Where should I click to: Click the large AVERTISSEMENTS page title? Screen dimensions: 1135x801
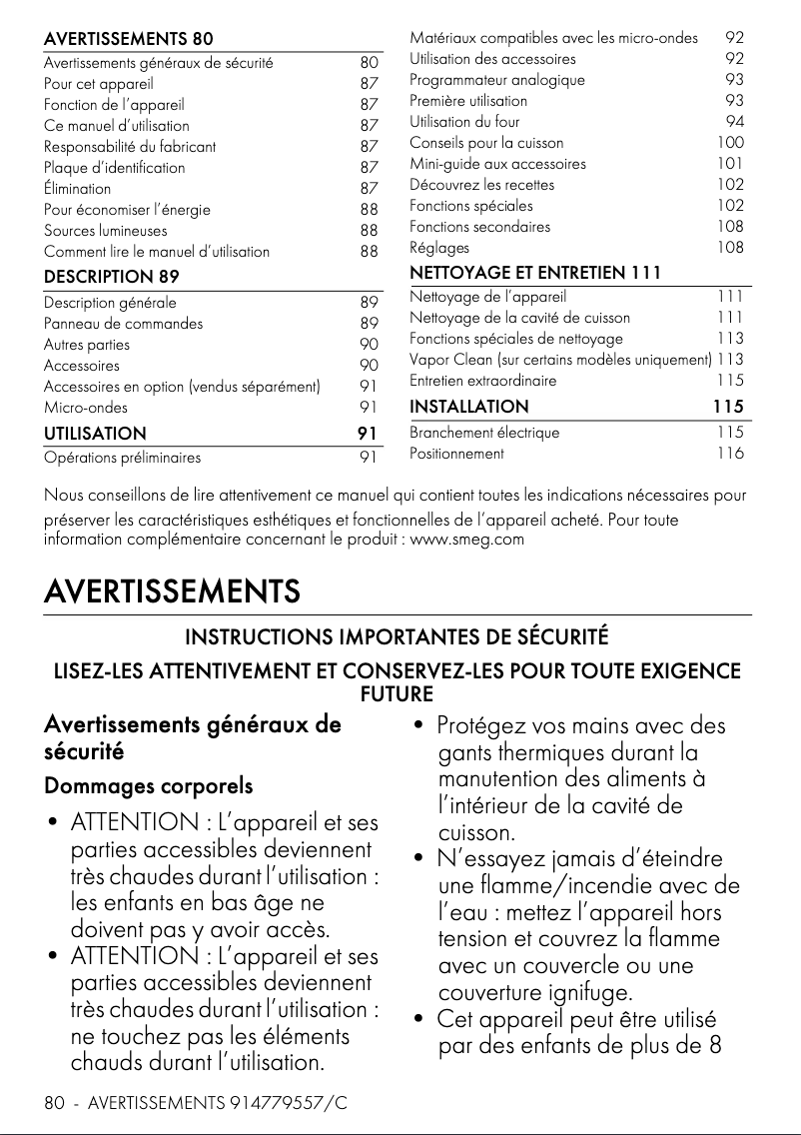pos(172,591)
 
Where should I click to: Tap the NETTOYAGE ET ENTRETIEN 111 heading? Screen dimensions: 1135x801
pos(535,273)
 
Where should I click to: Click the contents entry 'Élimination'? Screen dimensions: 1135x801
pos(77,188)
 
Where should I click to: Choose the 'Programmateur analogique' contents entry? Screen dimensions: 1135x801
pos(497,80)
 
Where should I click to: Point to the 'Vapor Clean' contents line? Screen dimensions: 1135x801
pos(560,360)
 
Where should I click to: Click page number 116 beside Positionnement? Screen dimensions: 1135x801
pos(730,454)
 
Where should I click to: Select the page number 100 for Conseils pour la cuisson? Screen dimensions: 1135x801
pos(730,143)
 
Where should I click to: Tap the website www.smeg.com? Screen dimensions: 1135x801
pos(467,541)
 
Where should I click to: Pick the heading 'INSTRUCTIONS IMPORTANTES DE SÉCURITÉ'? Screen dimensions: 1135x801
pos(397,637)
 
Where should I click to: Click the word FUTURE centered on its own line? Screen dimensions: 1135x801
pos(397,693)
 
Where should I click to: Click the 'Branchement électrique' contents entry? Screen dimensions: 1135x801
pos(484,433)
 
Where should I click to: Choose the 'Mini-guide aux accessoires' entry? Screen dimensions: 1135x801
pos(497,164)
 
